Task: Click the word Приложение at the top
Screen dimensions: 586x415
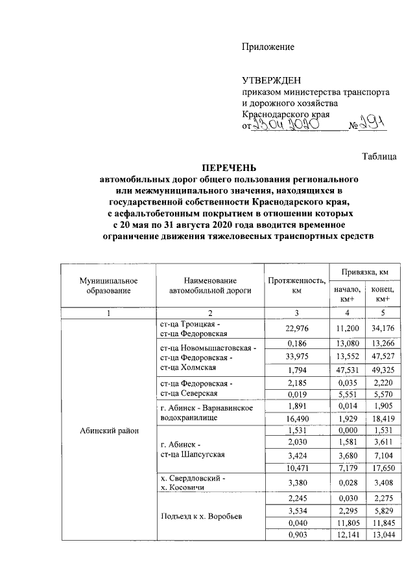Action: [268, 47]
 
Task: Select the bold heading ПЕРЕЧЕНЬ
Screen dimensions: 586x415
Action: [229, 166]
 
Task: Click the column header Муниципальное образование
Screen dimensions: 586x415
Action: [109, 286]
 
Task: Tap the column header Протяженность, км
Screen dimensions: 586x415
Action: [295, 286]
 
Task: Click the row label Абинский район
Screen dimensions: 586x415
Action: [109, 431]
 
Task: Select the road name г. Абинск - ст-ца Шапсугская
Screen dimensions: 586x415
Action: [193, 449]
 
